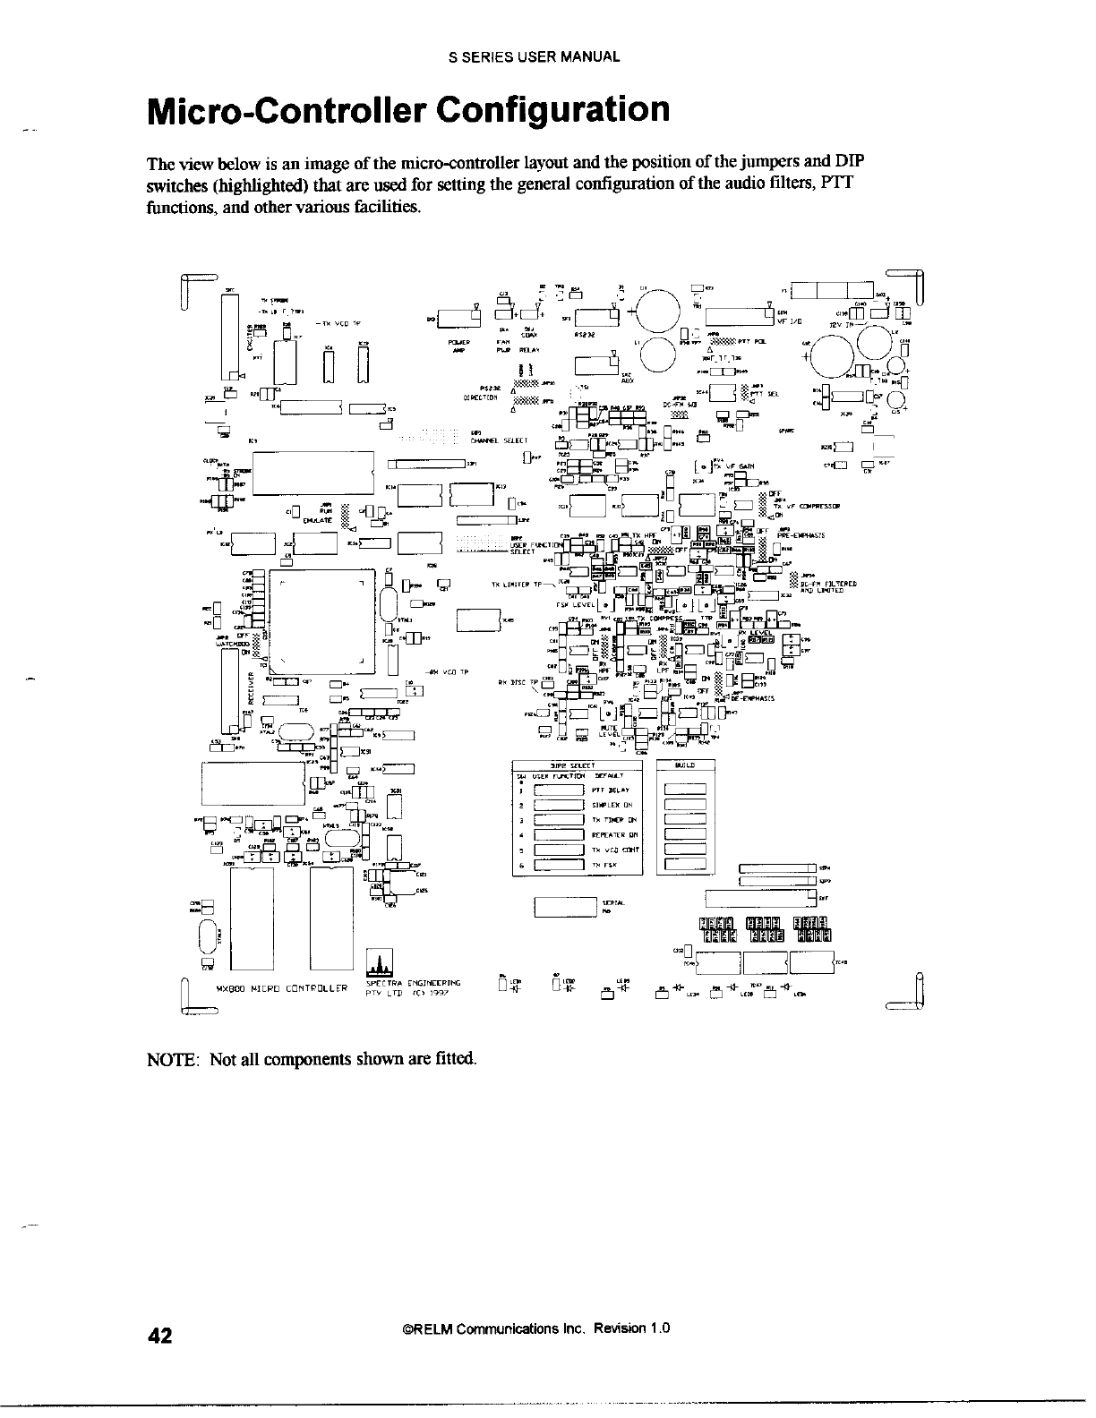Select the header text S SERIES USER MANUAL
(534, 56)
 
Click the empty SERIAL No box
(565, 907)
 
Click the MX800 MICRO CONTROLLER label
(282, 989)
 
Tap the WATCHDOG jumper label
(231, 641)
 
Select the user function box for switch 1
(559, 790)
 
